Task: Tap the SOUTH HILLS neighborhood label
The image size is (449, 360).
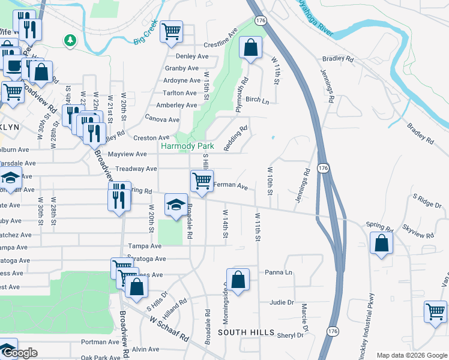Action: (x=246, y=332)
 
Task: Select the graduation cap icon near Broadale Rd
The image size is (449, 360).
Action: (x=176, y=205)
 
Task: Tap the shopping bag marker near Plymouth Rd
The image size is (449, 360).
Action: (x=250, y=47)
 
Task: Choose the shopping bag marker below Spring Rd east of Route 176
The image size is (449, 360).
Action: (x=381, y=243)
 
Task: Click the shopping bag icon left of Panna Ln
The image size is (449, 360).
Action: (x=238, y=279)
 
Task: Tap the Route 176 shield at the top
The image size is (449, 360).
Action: (x=260, y=20)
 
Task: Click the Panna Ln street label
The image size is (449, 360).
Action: (x=278, y=272)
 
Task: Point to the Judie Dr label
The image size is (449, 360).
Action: (x=282, y=302)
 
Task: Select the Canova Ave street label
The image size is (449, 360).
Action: (x=162, y=119)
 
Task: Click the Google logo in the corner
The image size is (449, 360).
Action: (x=19, y=353)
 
